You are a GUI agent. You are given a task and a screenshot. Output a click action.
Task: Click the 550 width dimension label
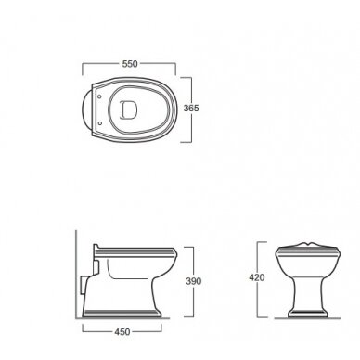point(130,64)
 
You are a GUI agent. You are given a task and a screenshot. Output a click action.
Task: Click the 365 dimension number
point(191,109)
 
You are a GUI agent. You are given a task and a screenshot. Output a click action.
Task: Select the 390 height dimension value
point(194,281)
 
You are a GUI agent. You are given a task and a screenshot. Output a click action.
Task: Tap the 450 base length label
point(122,332)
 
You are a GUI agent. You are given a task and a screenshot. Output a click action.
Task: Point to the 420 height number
point(257,277)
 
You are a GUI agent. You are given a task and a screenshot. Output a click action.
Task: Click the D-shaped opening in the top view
point(129,109)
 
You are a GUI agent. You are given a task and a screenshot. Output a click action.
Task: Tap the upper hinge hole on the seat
point(99,96)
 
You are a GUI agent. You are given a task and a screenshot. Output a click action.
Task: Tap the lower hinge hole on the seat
point(99,123)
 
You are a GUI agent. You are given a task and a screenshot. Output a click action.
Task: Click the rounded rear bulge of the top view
point(86,109)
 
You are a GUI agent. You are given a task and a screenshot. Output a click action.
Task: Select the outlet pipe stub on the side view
point(83,285)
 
